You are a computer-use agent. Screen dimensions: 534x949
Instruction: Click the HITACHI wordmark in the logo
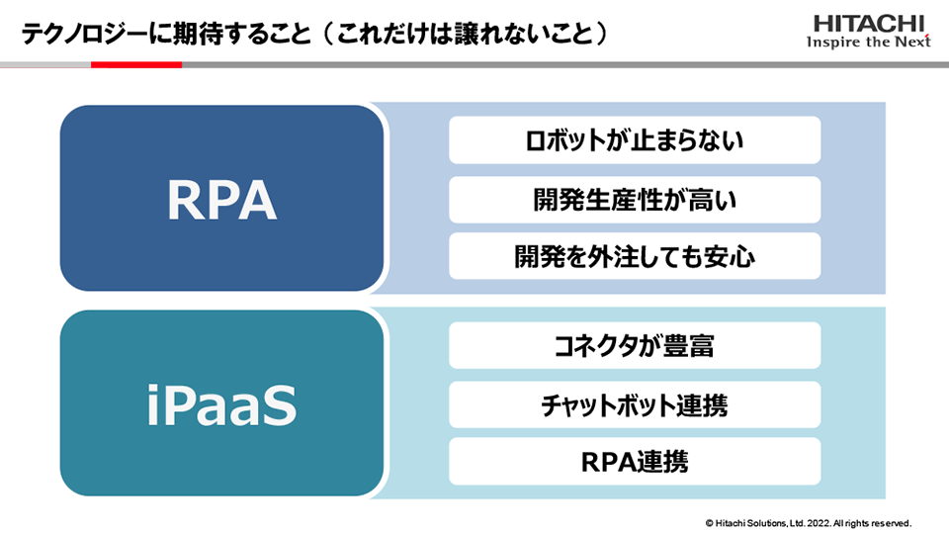(869, 23)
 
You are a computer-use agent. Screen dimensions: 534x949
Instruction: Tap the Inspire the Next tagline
(869, 43)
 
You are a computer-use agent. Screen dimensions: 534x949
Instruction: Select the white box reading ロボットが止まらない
(635, 140)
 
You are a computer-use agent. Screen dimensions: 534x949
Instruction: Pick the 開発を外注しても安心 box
(635, 257)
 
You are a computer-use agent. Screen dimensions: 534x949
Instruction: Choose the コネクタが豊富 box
(635, 345)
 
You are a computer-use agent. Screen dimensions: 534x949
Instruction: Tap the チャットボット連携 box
(635, 404)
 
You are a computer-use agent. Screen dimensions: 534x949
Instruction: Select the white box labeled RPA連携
(635, 461)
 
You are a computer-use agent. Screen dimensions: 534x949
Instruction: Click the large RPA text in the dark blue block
(221, 201)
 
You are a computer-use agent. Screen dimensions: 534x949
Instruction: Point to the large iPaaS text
(221, 406)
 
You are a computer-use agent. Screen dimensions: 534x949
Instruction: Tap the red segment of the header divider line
(136, 64)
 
